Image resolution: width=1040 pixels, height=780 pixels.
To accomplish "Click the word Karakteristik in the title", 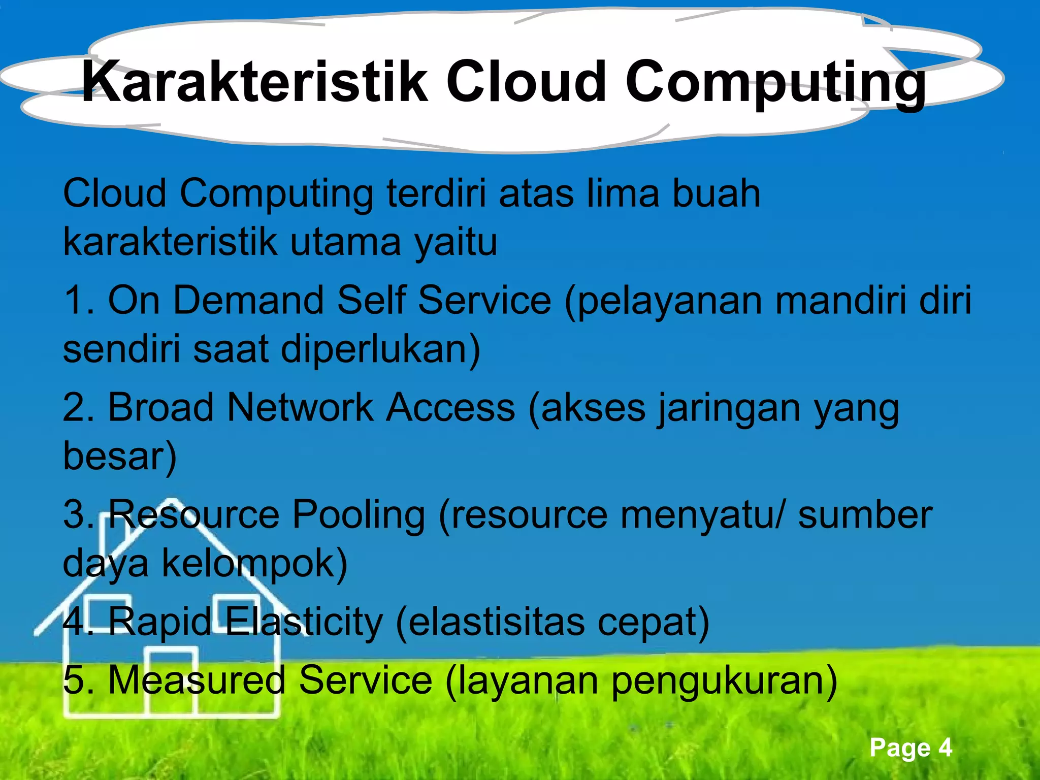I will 254,81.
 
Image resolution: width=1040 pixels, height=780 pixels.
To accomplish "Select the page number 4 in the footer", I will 945,747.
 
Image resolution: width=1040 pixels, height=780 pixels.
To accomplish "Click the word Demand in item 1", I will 248,301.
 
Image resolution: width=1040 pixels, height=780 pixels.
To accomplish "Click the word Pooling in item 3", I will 359,515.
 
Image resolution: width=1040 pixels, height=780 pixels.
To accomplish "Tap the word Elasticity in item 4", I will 303,622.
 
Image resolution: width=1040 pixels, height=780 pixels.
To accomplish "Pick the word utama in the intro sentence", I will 346,242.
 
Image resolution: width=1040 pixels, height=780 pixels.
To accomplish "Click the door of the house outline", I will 170,680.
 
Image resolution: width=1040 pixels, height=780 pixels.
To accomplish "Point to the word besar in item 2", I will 119,456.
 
